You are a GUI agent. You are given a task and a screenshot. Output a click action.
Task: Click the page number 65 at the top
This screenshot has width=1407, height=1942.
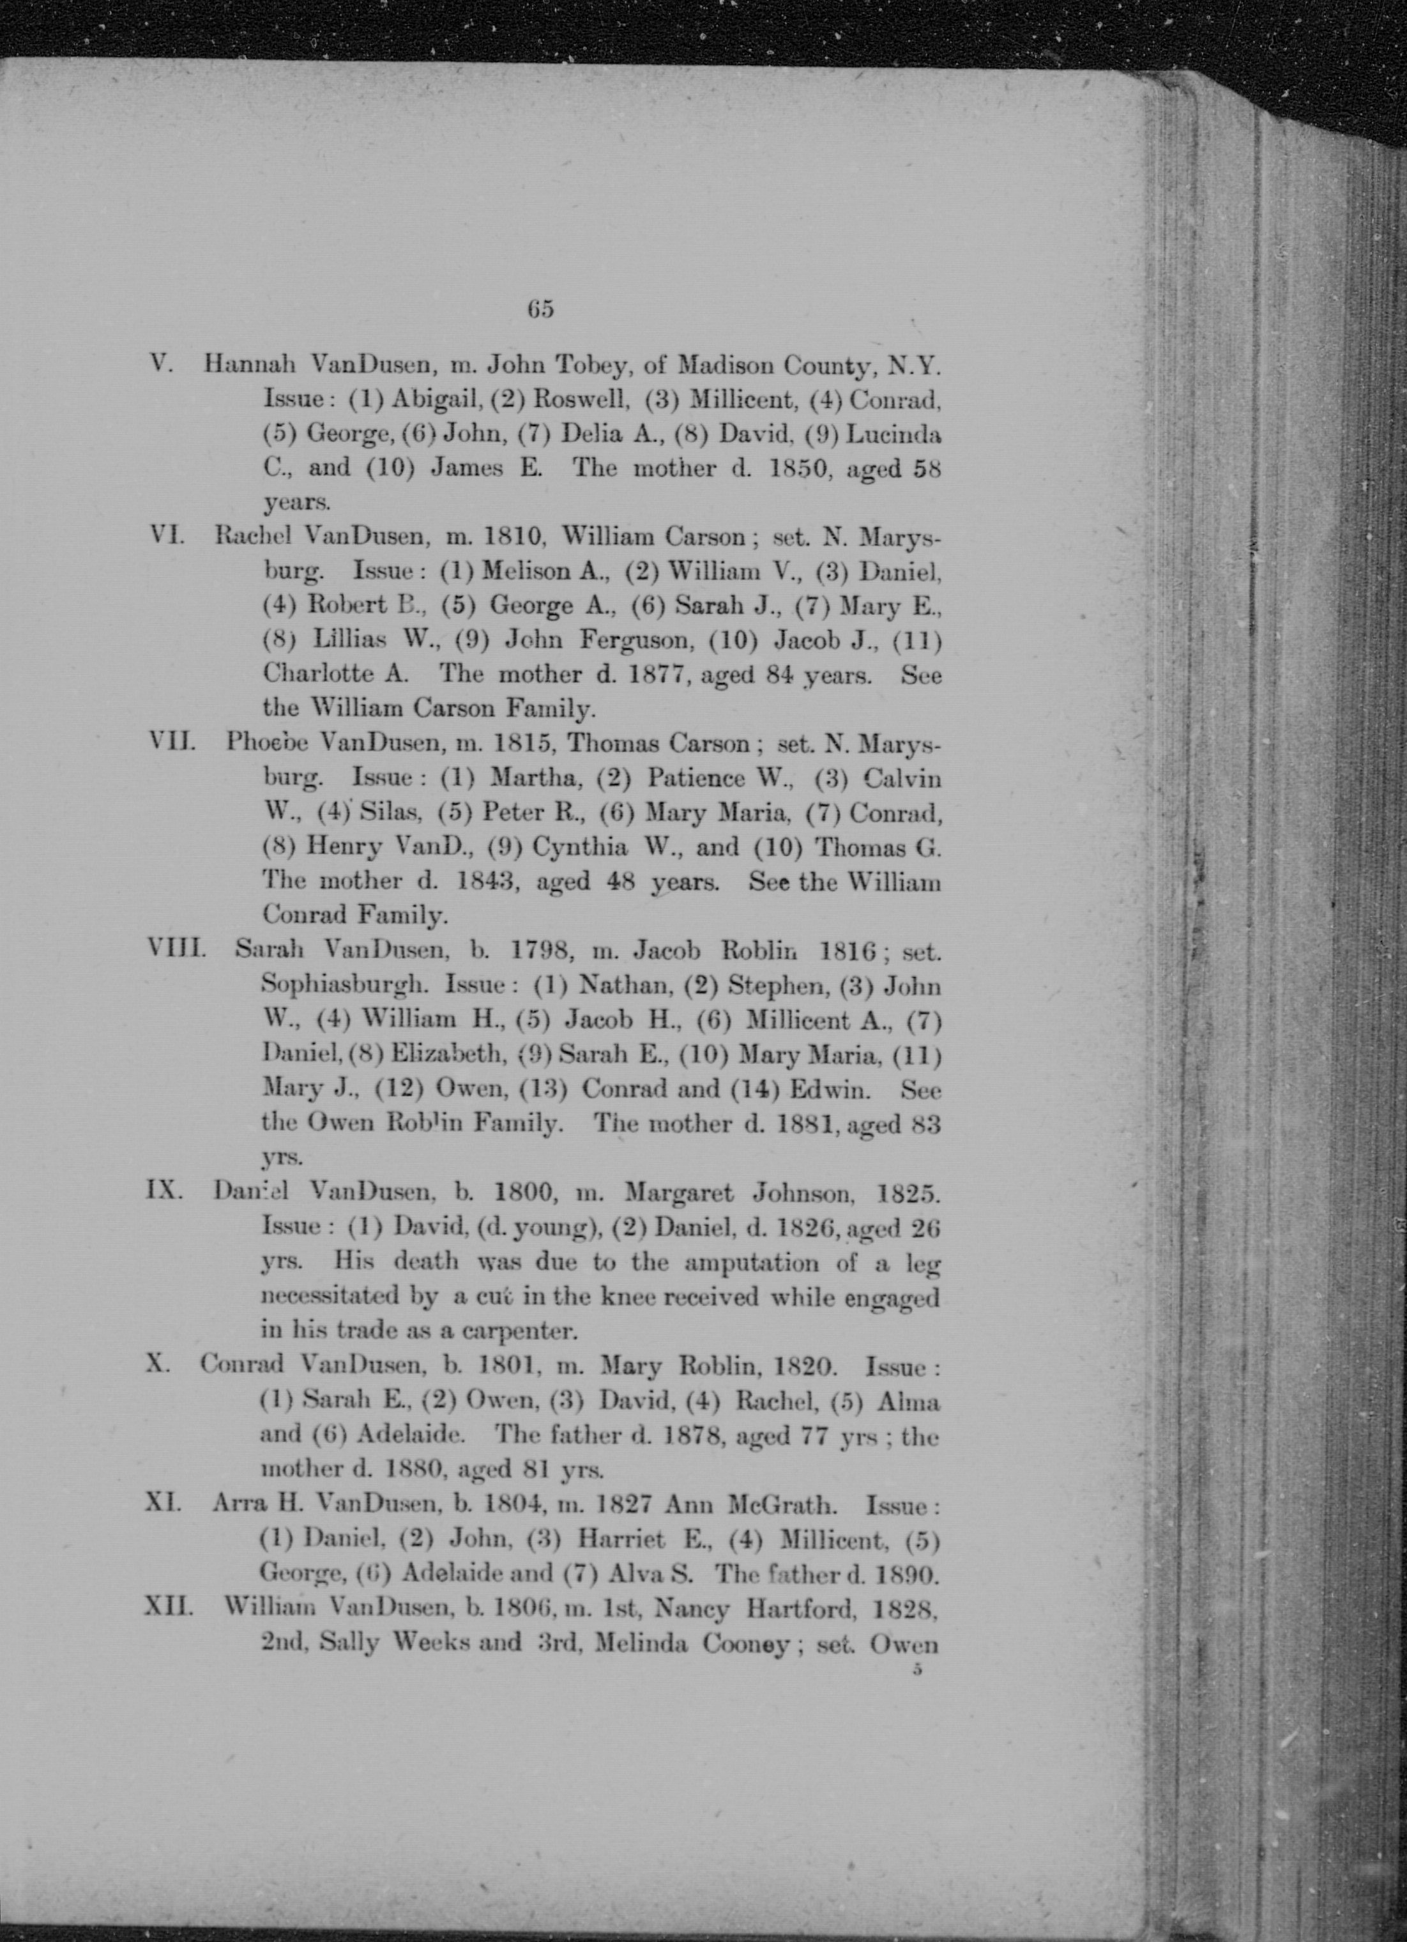coord(541,309)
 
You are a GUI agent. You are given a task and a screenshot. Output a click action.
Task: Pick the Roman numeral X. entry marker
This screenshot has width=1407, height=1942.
coord(156,1363)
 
